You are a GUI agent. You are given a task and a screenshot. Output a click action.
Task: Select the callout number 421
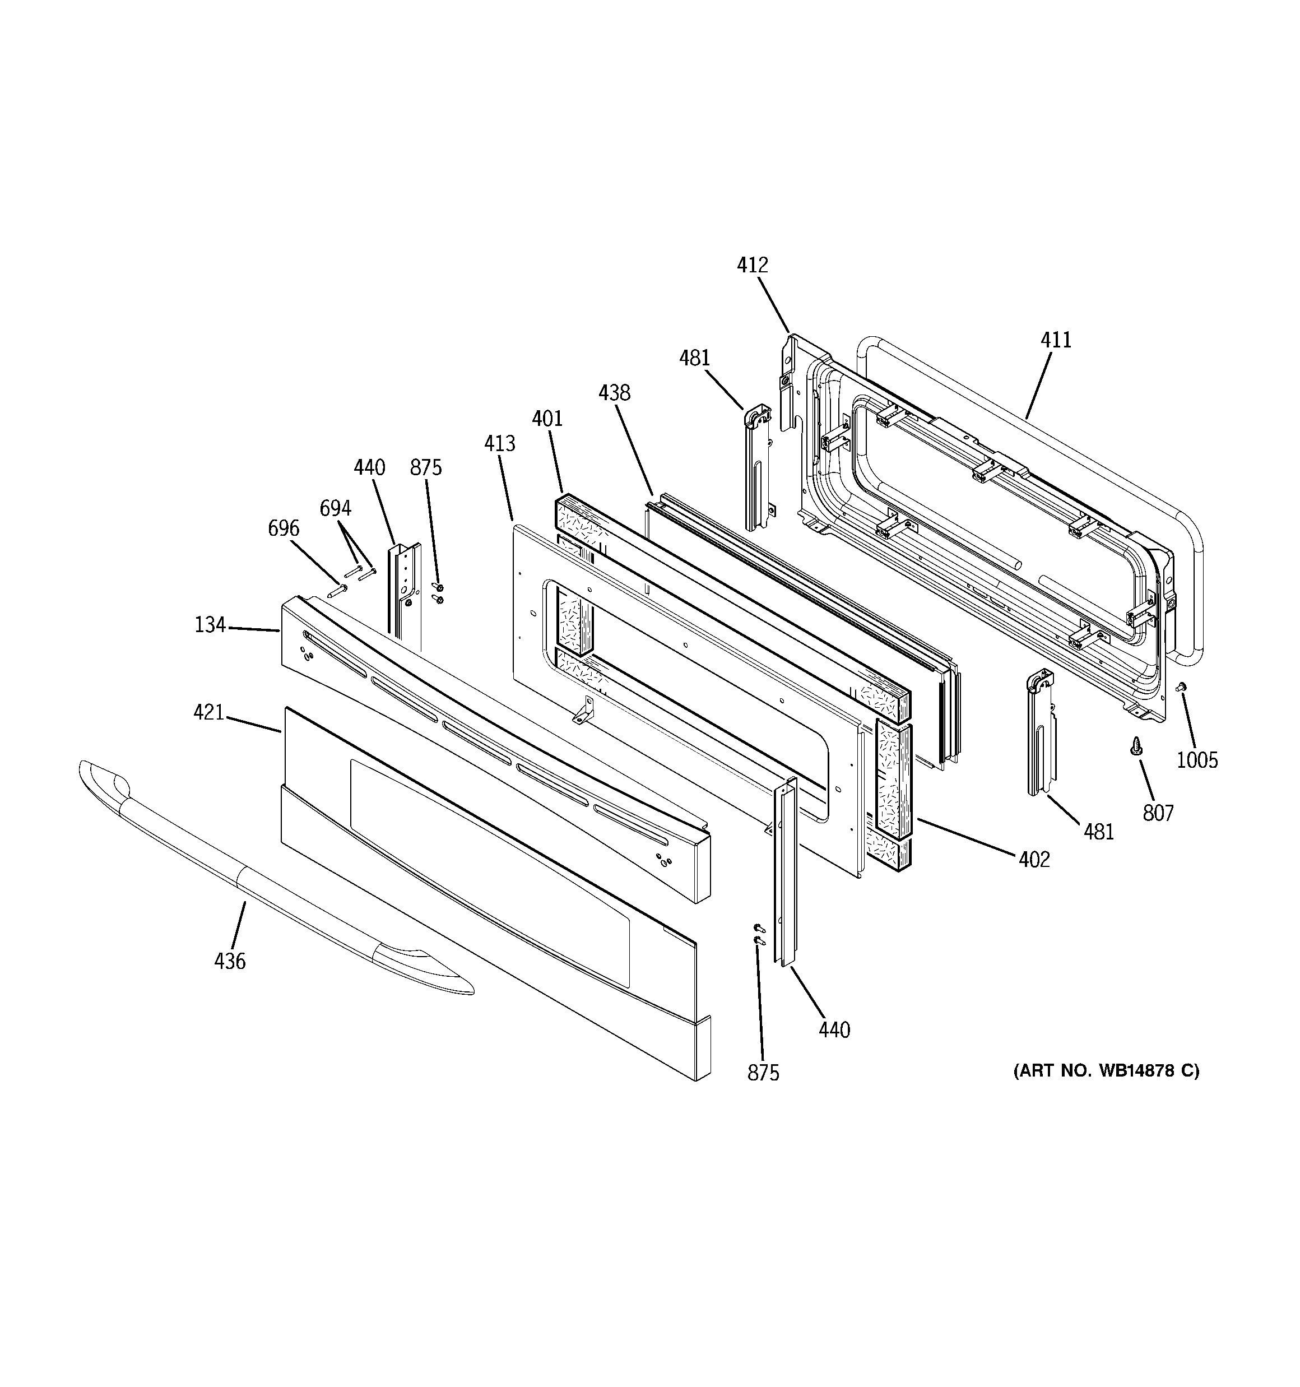click(x=208, y=713)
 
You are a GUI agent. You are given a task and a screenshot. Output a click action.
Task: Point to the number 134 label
click(x=210, y=625)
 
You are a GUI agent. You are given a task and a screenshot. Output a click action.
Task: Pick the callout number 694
click(x=335, y=509)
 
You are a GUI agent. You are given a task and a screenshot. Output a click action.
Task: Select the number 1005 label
click(x=1197, y=760)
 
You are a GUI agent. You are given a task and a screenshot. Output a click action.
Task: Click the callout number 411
click(x=1056, y=341)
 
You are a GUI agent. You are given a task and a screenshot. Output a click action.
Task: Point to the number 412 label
click(x=752, y=265)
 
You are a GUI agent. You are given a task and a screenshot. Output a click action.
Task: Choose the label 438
click(x=614, y=393)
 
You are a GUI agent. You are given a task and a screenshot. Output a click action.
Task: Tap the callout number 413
click(x=500, y=444)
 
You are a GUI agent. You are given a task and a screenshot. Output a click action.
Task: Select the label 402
click(x=1033, y=860)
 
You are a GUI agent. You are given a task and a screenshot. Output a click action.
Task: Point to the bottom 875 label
click(x=763, y=1073)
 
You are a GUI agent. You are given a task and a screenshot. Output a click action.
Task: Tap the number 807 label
click(x=1158, y=813)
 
